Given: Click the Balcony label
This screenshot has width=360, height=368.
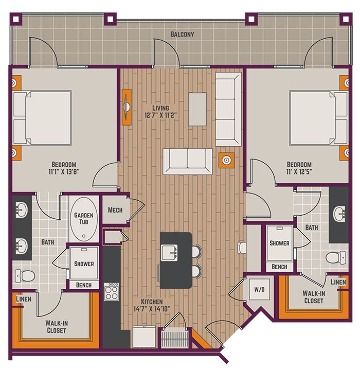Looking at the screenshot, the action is click(x=182, y=34).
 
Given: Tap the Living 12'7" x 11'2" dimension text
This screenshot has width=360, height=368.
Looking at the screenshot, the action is click(x=160, y=112).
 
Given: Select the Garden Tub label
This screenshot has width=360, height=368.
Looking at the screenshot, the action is click(x=84, y=219).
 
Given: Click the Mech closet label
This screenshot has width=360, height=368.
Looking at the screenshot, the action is click(x=115, y=210).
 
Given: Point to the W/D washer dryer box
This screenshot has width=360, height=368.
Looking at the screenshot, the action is click(x=259, y=289).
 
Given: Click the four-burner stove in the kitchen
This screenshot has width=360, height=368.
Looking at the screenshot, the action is click(x=112, y=292).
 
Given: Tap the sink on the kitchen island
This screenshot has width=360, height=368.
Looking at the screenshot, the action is click(x=169, y=252).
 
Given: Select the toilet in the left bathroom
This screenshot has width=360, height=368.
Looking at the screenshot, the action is click(x=25, y=276).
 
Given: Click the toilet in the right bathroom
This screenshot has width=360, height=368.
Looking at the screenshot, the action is click(x=336, y=257).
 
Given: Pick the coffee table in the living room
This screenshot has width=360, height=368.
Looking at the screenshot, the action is click(x=197, y=109).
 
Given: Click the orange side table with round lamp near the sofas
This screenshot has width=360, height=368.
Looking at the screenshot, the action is click(x=226, y=160).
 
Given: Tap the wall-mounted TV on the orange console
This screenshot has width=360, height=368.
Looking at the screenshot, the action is click(x=127, y=107).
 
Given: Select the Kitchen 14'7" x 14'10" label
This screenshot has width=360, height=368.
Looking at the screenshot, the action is click(x=152, y=305).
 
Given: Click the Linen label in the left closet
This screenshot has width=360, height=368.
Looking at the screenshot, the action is click(x=24, y=299).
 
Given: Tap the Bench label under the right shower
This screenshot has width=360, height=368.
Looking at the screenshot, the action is click(x=279, y=267).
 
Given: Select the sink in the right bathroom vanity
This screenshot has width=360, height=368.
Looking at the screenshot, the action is click(x=339, y=214).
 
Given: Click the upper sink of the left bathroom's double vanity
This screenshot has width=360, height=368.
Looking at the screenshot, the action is click(x=22, y=210).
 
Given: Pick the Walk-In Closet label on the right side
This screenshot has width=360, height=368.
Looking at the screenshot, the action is click(x=314, y=297).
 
